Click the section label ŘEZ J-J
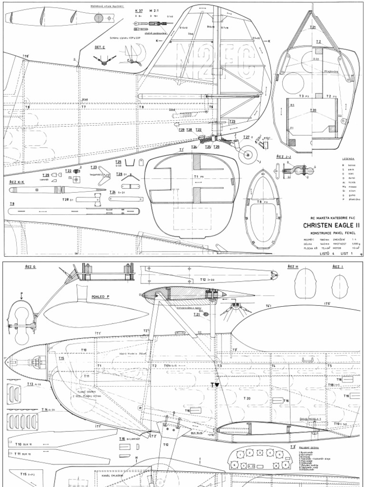tap(283, 156)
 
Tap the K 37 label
tap(139, 10)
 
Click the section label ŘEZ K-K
tap(17, 182)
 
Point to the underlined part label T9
tap(12, 204)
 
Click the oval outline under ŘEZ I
tap(340, 287)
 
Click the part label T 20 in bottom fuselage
tap(248, 399)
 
